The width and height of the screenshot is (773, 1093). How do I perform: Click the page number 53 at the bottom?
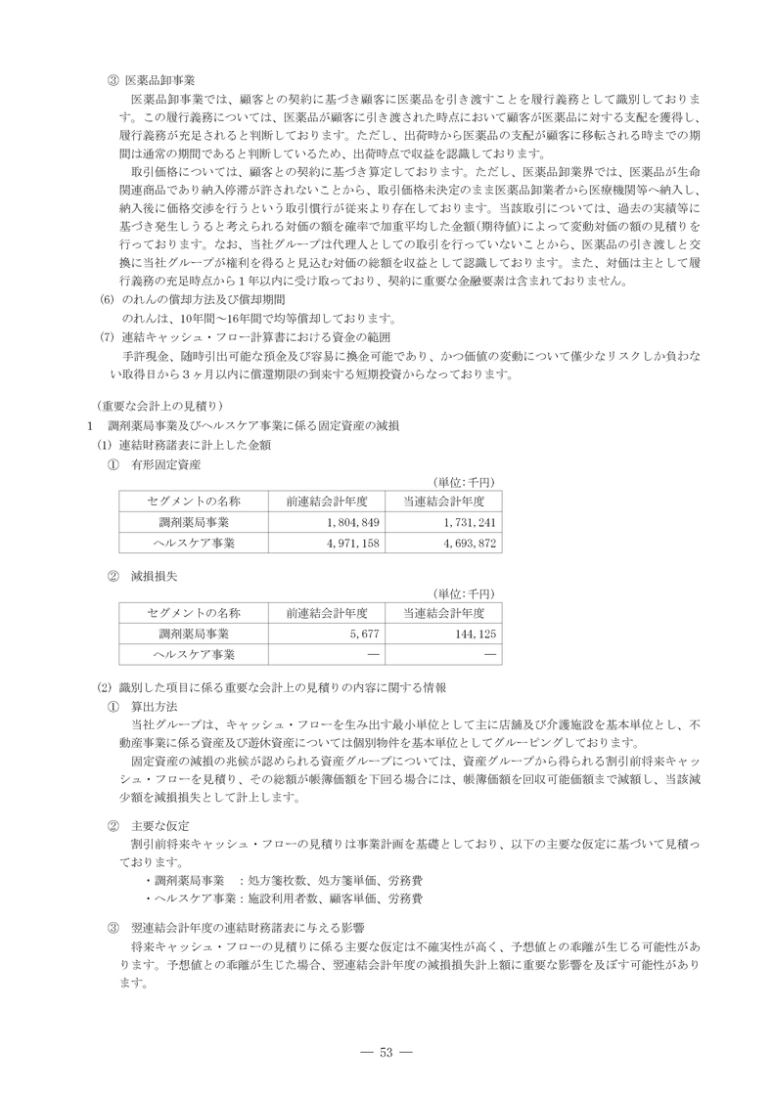click(x=386, y=1052)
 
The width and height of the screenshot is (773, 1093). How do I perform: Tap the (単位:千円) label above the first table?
click(x=465, y=482)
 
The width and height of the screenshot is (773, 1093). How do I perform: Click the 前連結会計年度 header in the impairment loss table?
click(x=327, y=613)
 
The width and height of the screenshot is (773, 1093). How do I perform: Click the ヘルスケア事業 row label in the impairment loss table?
click(x=194, y=654)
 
